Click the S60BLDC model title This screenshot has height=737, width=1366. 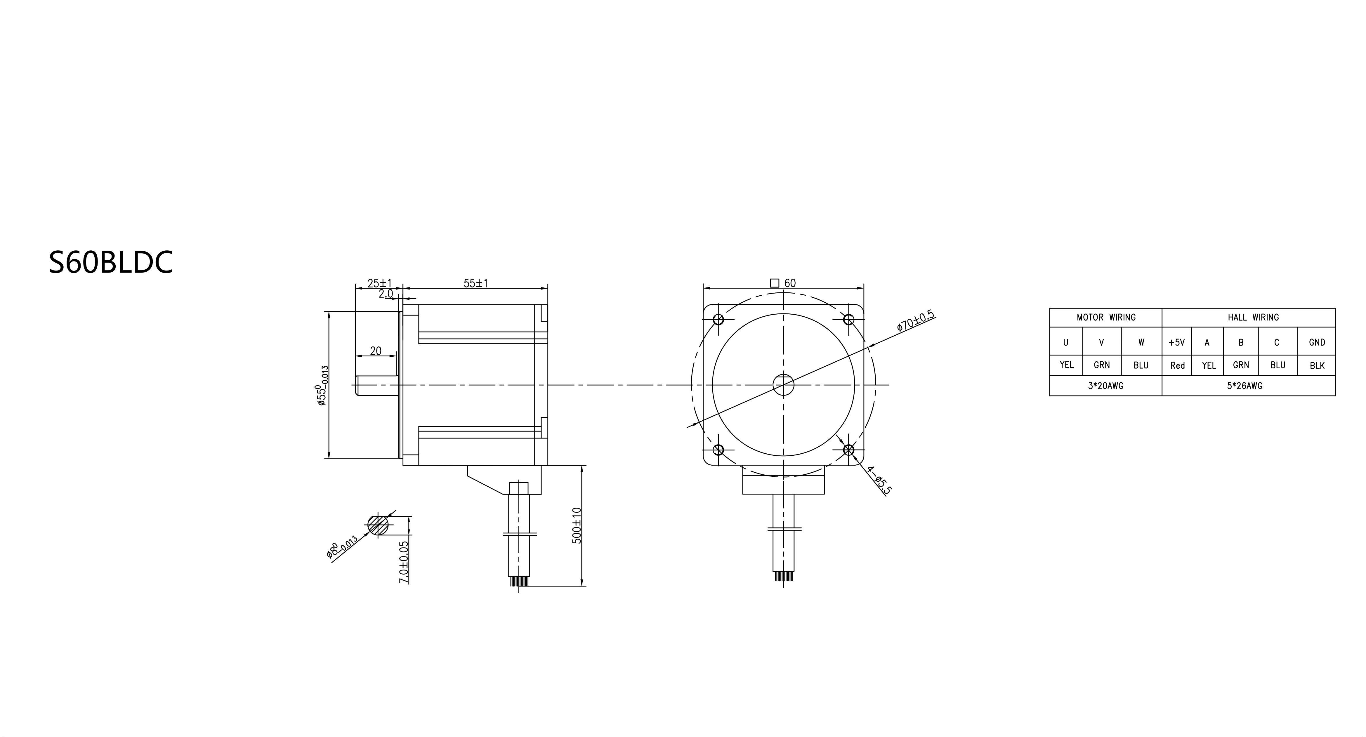[111, 262]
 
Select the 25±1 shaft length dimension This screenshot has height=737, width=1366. [379, 283]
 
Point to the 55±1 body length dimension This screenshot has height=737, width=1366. [476, 283]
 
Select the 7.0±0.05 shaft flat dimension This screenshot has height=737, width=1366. [404, 562]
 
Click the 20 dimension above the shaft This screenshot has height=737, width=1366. [375, 351]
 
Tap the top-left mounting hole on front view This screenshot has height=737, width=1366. [718, 320]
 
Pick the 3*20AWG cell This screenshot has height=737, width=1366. [1106, 386]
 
